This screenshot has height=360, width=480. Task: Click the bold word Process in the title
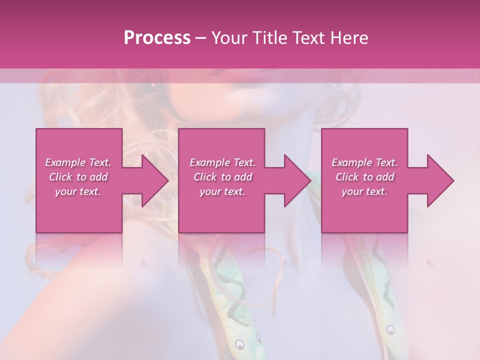pos(157,38)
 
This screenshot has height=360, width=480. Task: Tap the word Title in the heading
pos(268,38)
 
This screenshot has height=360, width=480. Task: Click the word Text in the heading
pos(308,38)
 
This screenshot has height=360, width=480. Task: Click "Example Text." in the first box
pos(78,162)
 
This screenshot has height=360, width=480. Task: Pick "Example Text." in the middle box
pos(222,162)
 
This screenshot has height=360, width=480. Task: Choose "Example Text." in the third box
pos(364,162)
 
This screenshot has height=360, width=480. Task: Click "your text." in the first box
pos(77,191)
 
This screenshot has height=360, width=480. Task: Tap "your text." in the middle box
pos(222,191)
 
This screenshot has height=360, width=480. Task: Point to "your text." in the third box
pos(364,191)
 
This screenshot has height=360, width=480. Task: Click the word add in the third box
pos(385,177)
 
